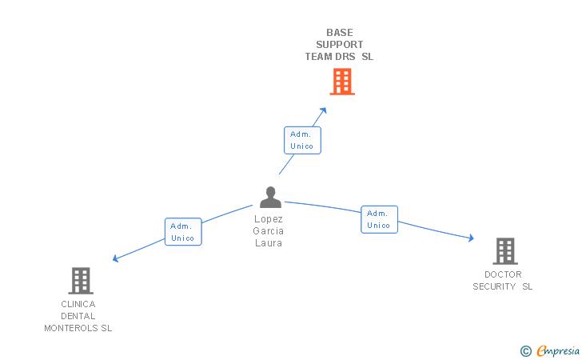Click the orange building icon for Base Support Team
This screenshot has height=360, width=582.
[x=341, y=82]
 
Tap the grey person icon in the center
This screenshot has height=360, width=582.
[x=270, y=197]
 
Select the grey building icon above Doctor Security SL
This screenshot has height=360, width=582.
[x=504, y=251]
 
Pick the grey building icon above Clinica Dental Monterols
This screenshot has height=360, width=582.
[x=80, y=281]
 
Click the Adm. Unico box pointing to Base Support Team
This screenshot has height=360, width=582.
[x=302, y=140]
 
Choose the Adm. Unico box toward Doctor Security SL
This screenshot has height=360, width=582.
[x=378, y=219]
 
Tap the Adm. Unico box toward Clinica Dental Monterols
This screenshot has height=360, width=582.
[x=183, y=232]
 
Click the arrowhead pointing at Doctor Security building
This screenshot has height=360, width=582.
[x=471, y=238]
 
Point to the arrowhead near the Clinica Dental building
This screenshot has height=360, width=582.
[x=116, y=258]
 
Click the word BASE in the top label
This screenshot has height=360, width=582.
[x=339, y=33]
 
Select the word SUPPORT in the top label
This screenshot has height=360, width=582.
[x=339, y=45]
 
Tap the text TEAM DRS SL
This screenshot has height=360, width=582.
[x=339, y=57]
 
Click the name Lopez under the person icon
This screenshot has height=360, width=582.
[x=269, y=219]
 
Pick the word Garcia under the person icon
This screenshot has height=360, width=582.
[x=269, y=231]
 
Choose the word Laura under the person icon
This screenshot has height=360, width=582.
[x=269, y=243]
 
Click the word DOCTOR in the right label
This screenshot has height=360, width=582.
[x=503, y=274]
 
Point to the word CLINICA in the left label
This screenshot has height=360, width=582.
[x=78, y=304]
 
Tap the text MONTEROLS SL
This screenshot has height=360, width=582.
[x=78, y=328]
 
